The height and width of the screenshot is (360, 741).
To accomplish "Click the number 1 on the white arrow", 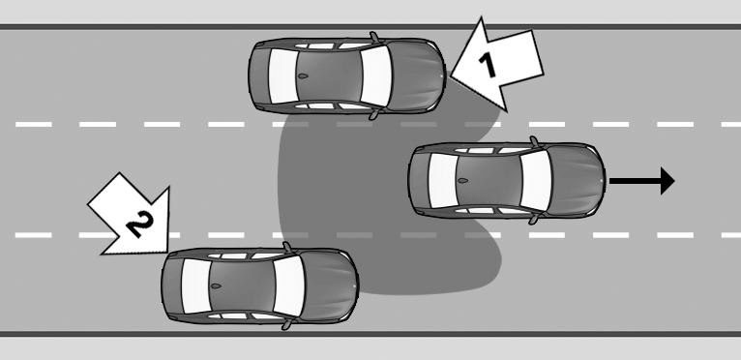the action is click(488, 65).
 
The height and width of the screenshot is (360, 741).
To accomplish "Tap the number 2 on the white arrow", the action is click(140, 224).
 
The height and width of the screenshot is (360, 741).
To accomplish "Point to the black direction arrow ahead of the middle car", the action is click(641, 181).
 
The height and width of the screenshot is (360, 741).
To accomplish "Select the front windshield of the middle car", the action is click(536, 181).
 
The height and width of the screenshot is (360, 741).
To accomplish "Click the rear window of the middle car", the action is click(443, 181).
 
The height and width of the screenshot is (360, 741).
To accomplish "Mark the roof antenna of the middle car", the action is click(462, 181).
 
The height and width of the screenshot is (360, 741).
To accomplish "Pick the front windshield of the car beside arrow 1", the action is click(376, 75).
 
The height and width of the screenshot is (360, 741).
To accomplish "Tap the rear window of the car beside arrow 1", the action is click(283, 75).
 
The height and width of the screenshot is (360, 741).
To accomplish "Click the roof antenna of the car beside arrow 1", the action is click(303, 75).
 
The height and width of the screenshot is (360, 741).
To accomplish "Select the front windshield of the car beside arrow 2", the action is click(289, 286).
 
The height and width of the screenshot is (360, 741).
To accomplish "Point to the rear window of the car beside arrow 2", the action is click(196, 286).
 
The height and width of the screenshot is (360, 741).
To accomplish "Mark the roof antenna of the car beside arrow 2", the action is click(216, 286).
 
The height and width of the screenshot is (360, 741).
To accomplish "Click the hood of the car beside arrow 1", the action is click(417, 75).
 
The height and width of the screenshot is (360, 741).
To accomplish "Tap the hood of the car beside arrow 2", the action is click(330, 286).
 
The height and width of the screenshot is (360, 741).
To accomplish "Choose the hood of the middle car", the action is click(577, 181).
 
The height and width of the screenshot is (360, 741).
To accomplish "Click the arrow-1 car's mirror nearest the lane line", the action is click(373, 114).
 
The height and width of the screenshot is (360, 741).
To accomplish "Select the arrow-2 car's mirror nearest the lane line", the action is click(286, 247).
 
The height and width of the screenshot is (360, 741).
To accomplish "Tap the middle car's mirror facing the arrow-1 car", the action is click(535, 141).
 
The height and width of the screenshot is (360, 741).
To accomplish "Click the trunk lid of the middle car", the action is click(419, 181).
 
